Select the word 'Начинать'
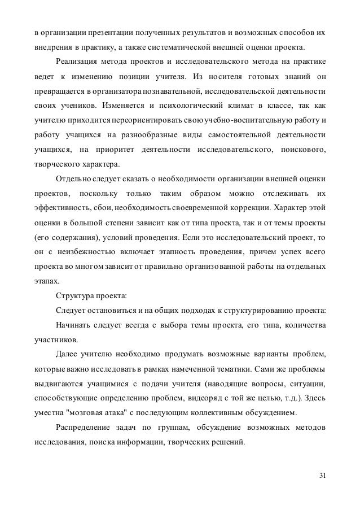point(74,325)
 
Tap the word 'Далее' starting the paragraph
point(67,355)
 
